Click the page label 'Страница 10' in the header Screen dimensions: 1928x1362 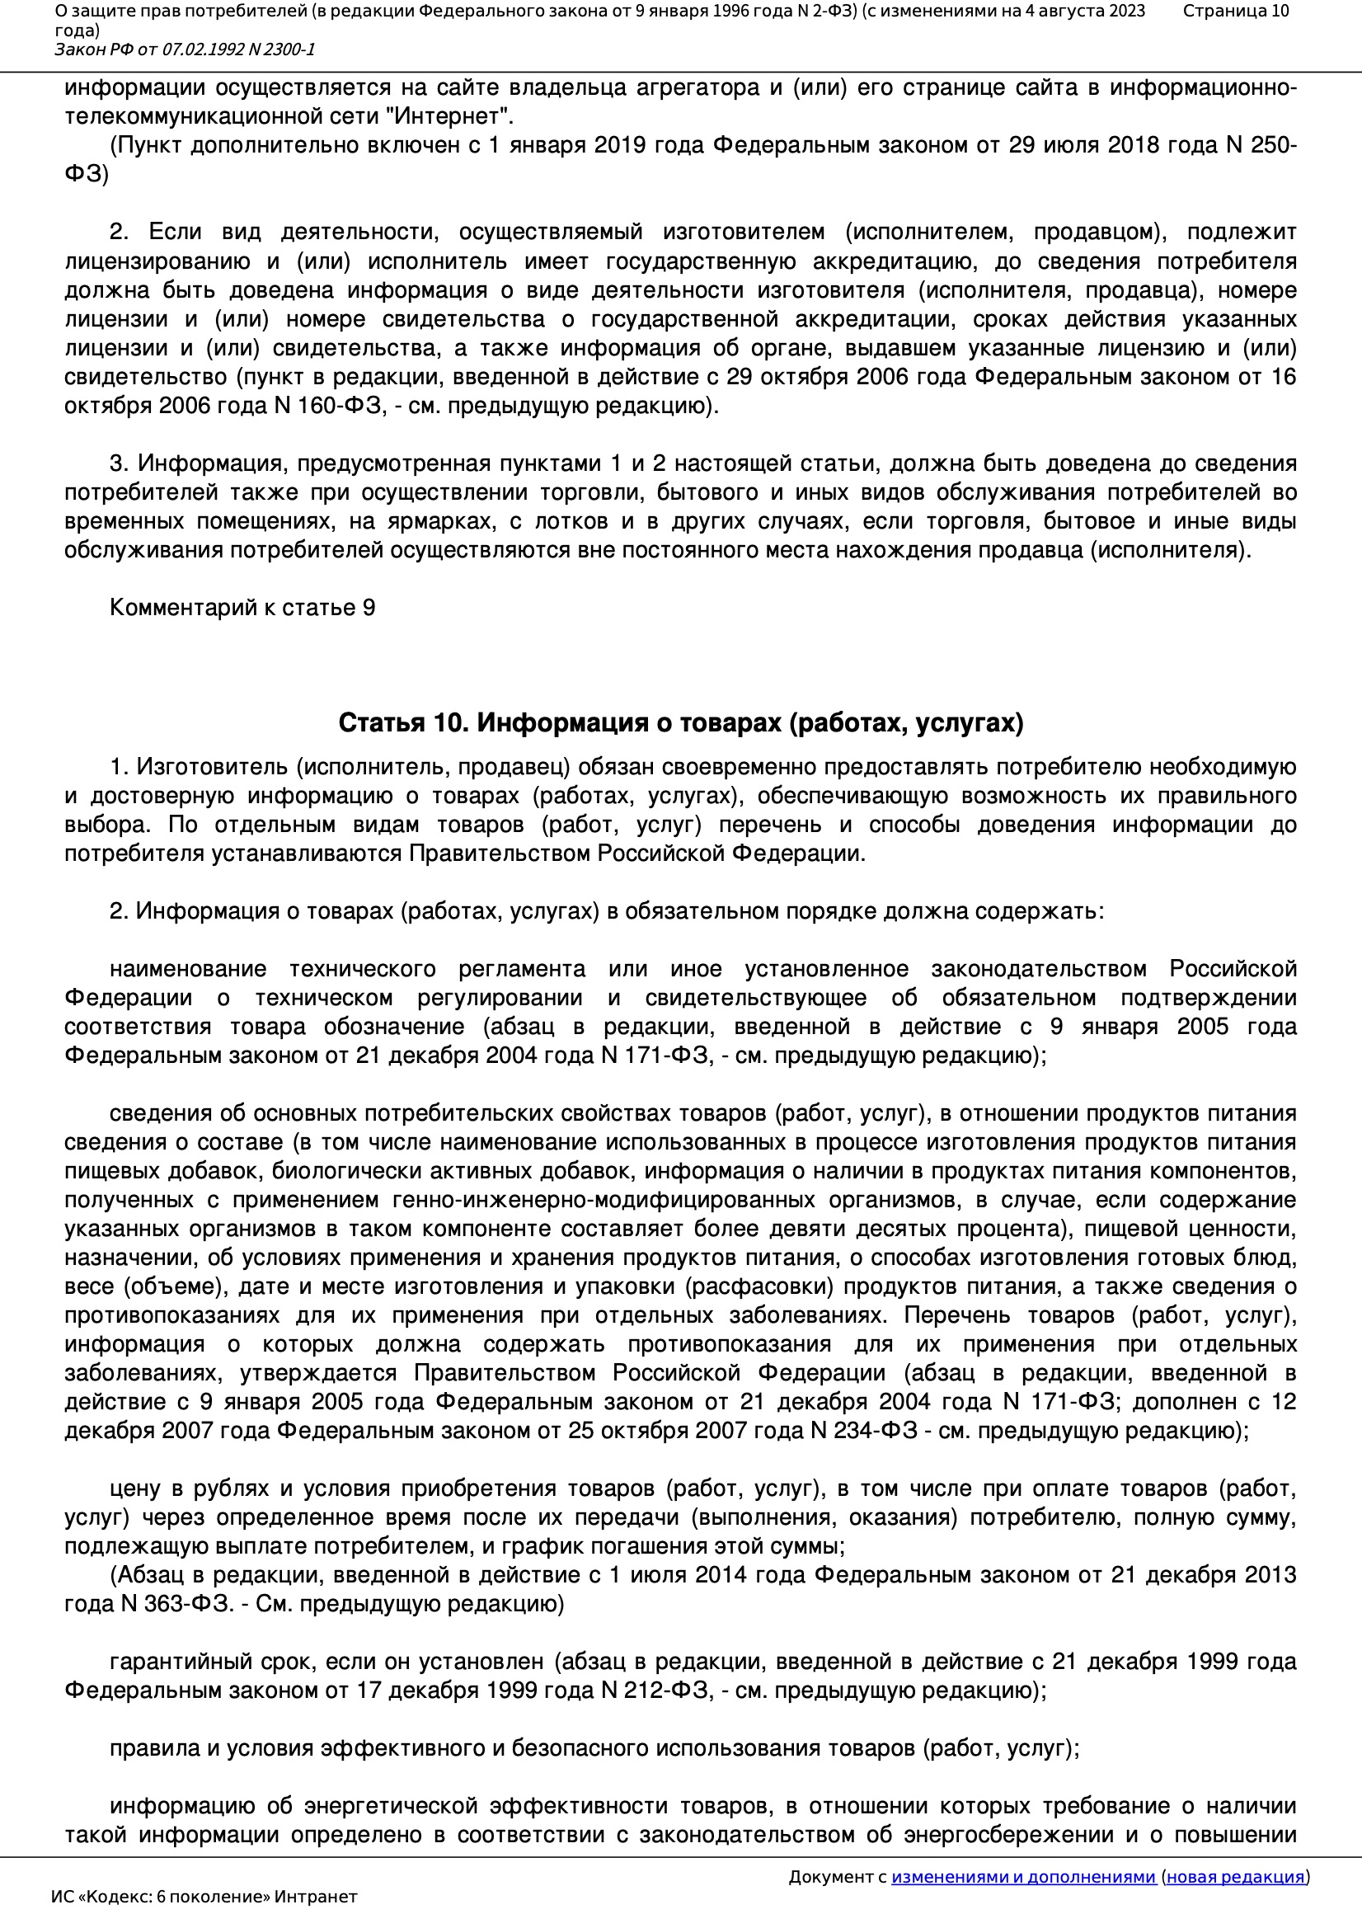(1235, 11)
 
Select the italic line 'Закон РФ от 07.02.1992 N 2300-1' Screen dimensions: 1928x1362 (185, 49)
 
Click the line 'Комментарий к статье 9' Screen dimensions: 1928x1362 (242, 608)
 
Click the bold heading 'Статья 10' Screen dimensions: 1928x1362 (401, 722)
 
